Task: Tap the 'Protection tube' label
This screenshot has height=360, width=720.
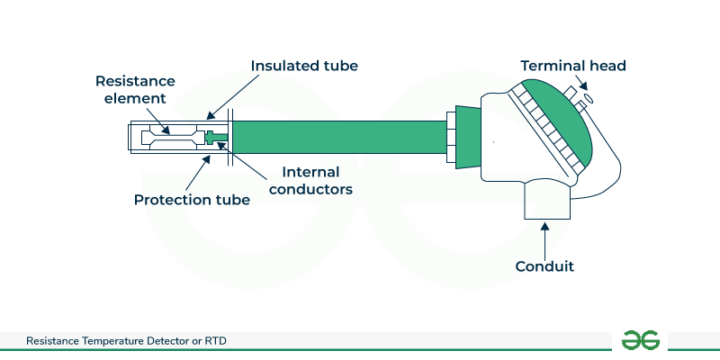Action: tap(192, 199)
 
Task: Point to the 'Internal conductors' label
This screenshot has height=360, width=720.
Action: tap(317, 180)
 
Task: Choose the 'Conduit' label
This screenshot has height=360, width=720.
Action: tap(544, 266)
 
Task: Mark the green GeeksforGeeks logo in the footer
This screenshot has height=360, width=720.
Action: tap(641, 339)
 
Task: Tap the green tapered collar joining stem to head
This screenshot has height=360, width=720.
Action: tap(465, 136)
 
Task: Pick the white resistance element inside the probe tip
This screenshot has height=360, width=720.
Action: tap(175, 136)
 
